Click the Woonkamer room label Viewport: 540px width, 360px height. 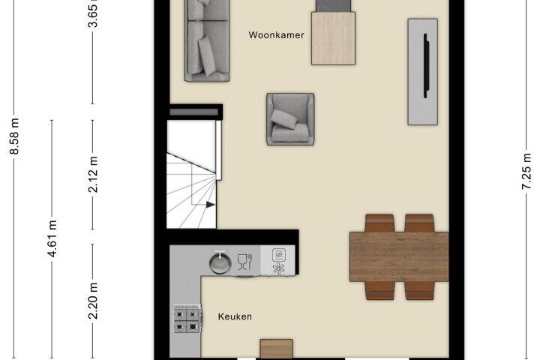276,35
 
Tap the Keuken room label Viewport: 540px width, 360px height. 235,316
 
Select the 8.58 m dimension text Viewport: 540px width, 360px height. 14,136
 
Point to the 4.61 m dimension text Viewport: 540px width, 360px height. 52,238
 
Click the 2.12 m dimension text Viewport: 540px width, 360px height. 93,174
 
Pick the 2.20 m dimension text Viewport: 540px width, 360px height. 93,301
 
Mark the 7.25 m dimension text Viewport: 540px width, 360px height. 526,171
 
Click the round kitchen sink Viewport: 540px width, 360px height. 220,262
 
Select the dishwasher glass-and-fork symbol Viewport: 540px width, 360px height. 244,262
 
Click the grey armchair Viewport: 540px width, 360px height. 290,118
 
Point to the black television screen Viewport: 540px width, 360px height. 426,66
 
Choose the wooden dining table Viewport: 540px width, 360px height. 399,256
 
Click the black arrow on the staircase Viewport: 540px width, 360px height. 211,205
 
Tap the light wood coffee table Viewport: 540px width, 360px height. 333,38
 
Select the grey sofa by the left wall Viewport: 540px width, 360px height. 207,40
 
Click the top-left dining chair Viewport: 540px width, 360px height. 379,223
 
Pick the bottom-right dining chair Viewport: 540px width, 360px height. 419,290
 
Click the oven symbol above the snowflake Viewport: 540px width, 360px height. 278,255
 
